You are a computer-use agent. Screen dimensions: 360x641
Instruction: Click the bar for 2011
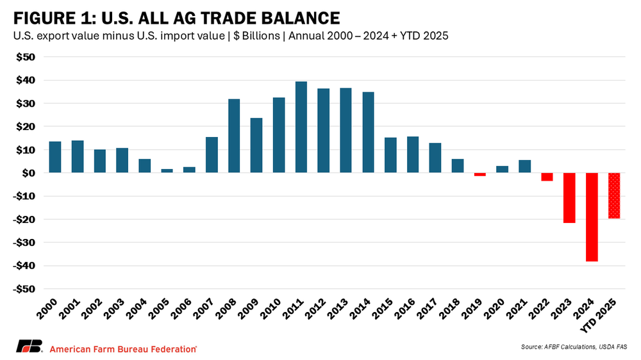tap(301, 127)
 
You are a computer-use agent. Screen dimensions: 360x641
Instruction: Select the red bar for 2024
tap(592, 217)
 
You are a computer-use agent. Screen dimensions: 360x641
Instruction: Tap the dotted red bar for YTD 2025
tap(614, 196)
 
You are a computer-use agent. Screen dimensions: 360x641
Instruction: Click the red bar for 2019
tap(480, 174)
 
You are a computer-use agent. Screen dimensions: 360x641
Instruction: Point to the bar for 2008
tap(234, 136)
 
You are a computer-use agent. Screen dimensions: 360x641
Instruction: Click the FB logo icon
tap(29, 348)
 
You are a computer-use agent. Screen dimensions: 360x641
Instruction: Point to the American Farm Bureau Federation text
tap(122, 348)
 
